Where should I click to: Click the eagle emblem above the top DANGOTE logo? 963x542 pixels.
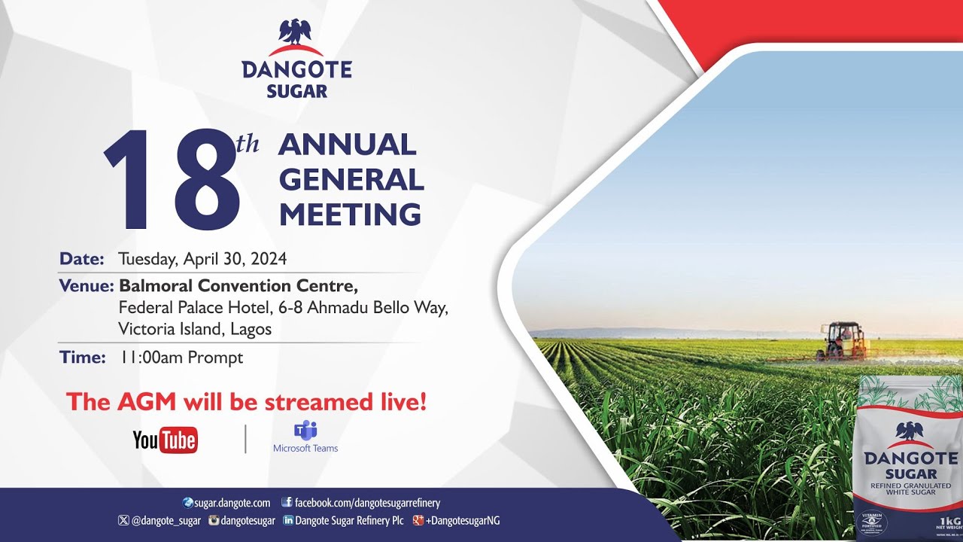pyautogui.click(x=295, y=32)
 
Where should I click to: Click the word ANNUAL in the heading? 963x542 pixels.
pyautogui.click(x=347, y=145)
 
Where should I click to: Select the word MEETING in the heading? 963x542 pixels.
pyautogui.click(x=350, y=215)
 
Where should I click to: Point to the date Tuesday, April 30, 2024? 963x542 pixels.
pyautogui.click(x=202, y=259)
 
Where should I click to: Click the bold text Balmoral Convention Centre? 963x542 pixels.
pyautogui.click(x=238, y=286)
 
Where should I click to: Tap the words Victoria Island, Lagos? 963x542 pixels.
pyautogui.click(x=195, y=329)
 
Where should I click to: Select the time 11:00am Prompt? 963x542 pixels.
pyautogui.click(x=181, y=358)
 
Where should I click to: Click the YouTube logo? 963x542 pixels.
pyautogui.click(x=165, y=440)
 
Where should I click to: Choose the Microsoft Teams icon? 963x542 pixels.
pyautogui.click(x=305, y=431)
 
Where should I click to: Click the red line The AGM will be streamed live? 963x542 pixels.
pyautogui.click(x=246, y=401)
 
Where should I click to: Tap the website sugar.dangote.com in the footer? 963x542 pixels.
pyautogui.click(x=232, y=503)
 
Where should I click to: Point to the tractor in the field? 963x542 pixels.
pyautogui.click(x=843, y=341)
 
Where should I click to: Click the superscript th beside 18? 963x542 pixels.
pyautogui.click(x=248, y=144)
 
